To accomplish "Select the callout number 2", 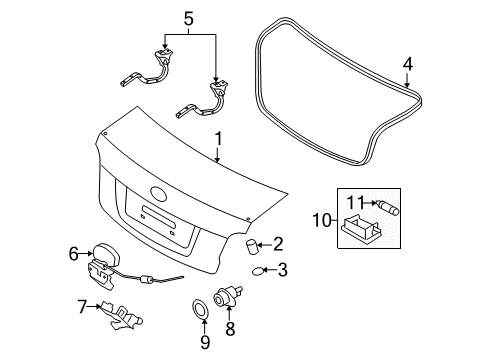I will [x=279, y=243].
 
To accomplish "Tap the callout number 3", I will [x=283, y=269].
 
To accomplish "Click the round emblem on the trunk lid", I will [x=159, y=194].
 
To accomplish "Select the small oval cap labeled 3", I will [x=258, y=270].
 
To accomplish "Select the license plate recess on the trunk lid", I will [x=163, y=215].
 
